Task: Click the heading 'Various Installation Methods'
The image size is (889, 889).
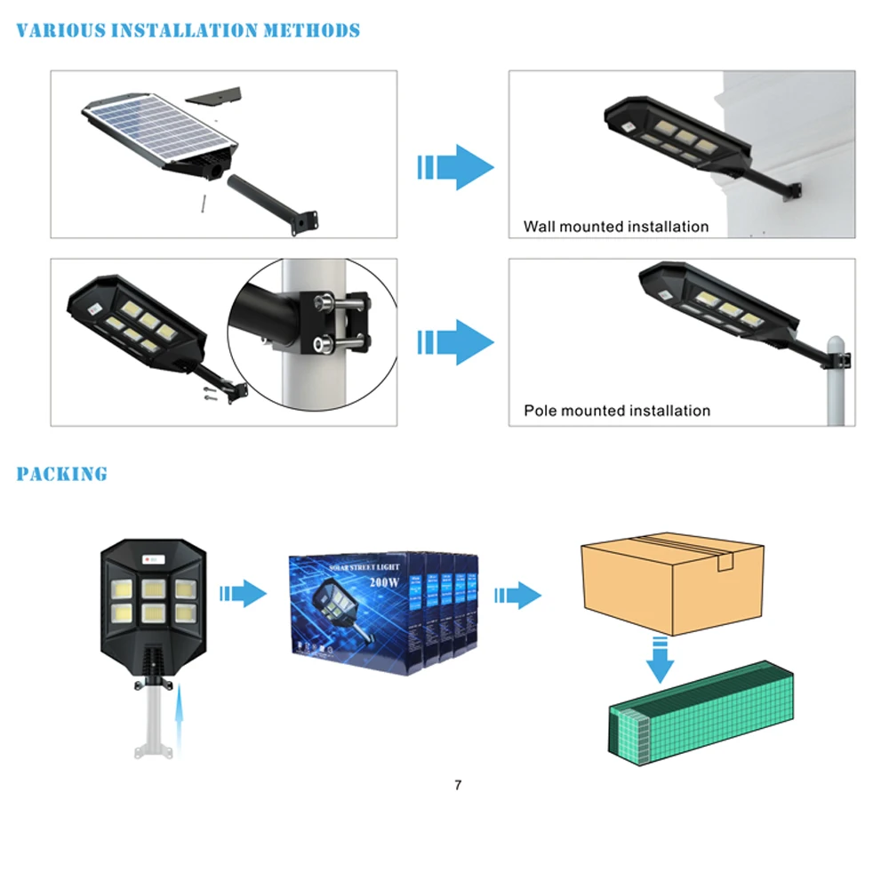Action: pyautogui.click(x=188, y=31)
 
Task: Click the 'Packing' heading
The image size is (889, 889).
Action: pyautogui.click(x=61, y=474)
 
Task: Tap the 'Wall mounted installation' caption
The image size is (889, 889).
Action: pyautogui.click(x=615, y=227)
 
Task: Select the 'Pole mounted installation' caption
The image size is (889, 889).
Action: pyautogui.click(x=616, y=411)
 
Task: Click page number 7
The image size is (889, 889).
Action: pyautogui.click(x=458, y=785)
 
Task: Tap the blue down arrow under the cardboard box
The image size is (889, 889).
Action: pyautogui.click(x=659, y=661)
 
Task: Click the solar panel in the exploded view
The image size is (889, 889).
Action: pyautogui.click(x=160, y=124)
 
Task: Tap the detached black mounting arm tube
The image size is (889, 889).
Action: pyautogui.click(x=267, y=202)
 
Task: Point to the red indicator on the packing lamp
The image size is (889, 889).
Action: pyautogui.click(x=148, y=559)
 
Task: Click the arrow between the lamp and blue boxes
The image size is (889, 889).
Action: pyautogui.click(x=243, y=593)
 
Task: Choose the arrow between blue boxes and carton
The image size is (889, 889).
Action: pyautogui.click(x=518, y=595)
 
